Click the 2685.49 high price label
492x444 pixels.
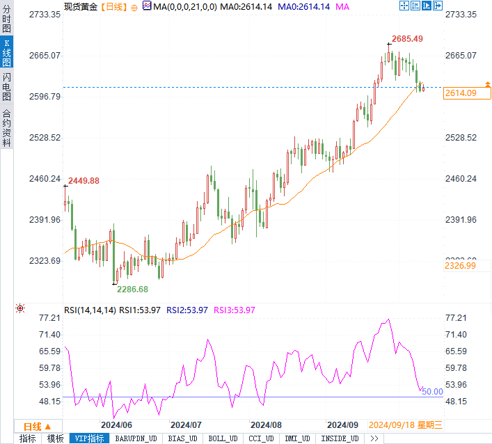click(408, 38)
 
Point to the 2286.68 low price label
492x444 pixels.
click(132, 289)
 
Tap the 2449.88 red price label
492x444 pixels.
click(84, 180)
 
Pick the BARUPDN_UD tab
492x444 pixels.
click(135, 438)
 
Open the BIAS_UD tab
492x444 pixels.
click(182, 438)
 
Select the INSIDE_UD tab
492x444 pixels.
click(340, 438)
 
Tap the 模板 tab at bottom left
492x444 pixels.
click(54, 438)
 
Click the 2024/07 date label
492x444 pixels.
click(186, 425)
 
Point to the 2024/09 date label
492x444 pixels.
click(342, 425)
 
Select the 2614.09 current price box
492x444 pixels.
click(461, 93)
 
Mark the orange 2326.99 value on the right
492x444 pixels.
click(461, 265)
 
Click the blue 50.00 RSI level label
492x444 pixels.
click(433, 392)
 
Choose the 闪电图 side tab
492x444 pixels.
click(6, 87)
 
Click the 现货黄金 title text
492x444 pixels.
click(81, 6)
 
